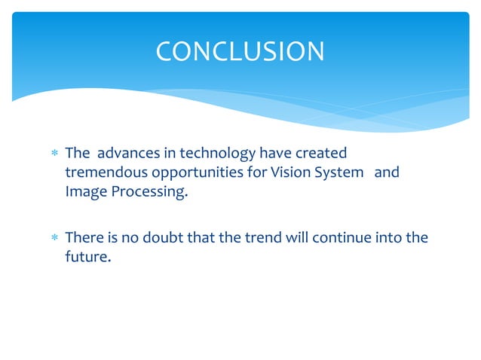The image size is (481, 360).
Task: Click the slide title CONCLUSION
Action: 240,51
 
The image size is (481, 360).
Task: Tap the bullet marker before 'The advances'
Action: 54,154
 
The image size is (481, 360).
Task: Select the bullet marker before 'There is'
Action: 54,239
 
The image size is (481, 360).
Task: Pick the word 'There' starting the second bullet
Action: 84,238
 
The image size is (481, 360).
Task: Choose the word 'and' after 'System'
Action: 387,172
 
